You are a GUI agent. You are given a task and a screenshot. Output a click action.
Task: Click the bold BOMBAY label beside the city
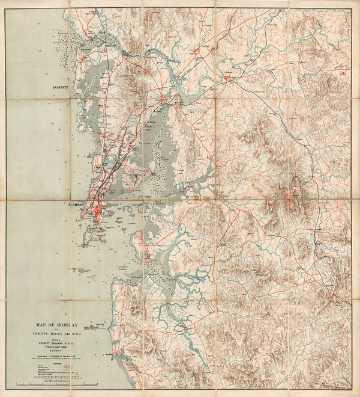(x=79, y=206)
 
